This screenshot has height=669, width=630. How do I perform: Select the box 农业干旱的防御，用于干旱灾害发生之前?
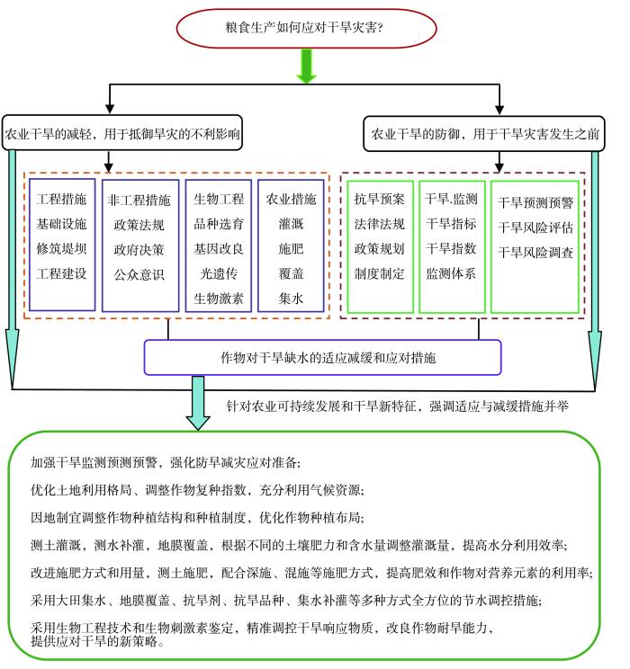point(487,135)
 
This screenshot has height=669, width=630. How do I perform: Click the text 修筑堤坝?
point(61,247)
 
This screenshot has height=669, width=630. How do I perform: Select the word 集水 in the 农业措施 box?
point(291,298)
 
